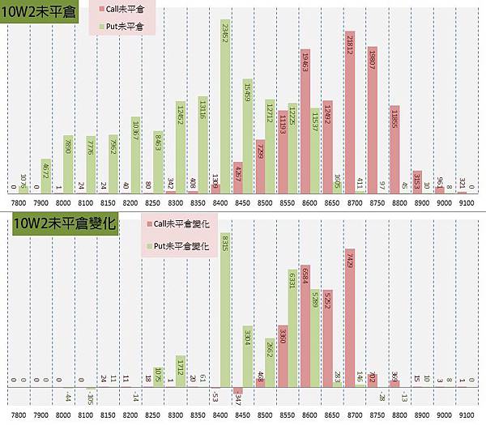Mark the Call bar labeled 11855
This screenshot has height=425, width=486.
pyautogui.click(x=394, y=149)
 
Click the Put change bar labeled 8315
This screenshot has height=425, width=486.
pyautogui.click(x=225, y=307)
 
